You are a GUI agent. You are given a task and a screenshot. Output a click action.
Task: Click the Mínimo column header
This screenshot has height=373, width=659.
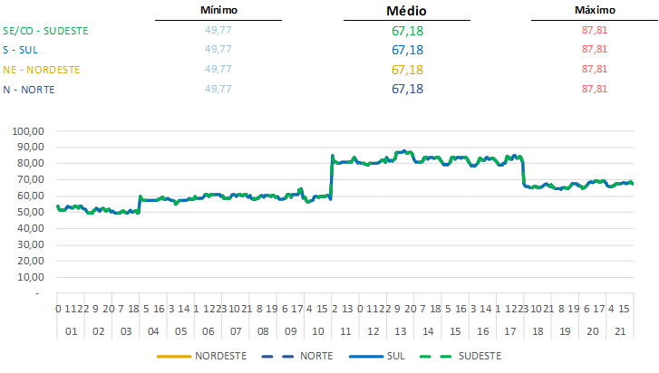[218, 10]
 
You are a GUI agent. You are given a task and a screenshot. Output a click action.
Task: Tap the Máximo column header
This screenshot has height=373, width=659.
[595, 10]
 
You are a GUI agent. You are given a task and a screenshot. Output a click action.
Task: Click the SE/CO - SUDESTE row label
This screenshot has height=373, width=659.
[46, 30]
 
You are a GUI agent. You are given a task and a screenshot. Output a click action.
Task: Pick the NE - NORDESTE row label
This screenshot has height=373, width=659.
[42, 69]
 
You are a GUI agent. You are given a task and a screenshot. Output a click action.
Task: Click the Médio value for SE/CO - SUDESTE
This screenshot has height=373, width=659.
[407, 31]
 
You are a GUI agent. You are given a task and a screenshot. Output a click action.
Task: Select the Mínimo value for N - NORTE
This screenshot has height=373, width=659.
[218, 89]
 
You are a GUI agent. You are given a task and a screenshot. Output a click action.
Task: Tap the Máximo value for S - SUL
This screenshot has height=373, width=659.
[594, 50]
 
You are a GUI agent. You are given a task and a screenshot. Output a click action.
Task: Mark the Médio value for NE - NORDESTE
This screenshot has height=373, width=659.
[407, 70]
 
